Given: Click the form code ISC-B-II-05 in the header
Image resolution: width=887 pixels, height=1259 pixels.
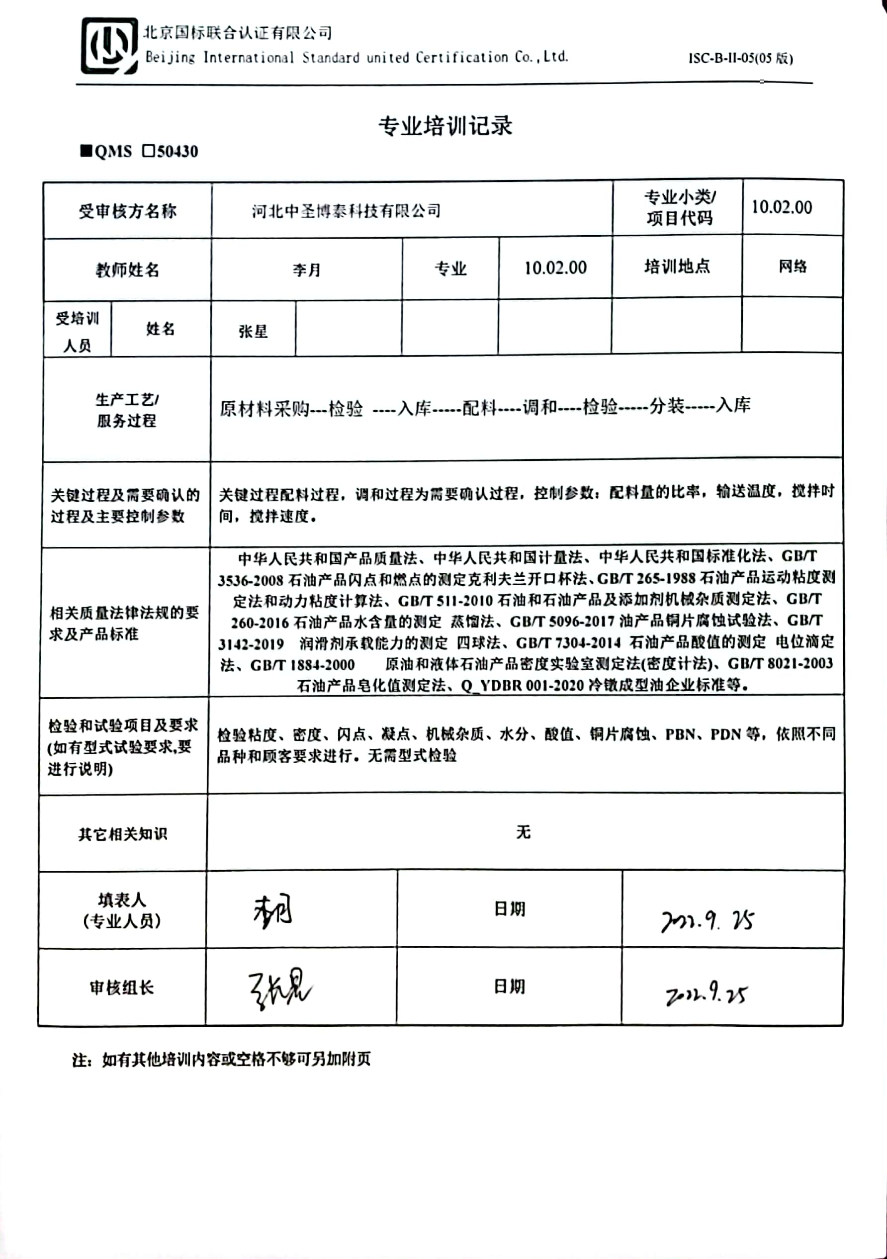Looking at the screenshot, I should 740,58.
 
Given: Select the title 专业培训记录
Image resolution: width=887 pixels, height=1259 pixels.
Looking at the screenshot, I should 445,126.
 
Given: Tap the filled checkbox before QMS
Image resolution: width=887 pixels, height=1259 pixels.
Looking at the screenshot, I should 86,151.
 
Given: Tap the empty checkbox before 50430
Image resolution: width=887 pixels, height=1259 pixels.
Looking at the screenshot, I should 149,151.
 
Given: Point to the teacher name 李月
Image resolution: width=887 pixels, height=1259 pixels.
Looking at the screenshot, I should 306,270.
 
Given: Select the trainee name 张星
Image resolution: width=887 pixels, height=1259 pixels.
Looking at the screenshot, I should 253,331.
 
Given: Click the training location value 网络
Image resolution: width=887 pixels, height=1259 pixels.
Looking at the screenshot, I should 792,267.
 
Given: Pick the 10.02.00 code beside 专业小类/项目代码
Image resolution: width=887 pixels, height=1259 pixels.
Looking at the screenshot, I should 781,207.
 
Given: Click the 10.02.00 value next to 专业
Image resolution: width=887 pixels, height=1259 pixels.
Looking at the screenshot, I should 555,268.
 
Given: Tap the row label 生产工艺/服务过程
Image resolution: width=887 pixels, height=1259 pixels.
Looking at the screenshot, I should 127,410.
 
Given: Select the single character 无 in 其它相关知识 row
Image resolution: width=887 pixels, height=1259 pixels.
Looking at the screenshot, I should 523,832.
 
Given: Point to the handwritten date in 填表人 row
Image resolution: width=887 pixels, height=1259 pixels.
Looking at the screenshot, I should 707,921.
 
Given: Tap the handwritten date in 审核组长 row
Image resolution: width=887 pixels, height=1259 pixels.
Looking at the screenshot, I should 706,993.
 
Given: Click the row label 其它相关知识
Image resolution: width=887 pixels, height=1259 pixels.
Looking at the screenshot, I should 123,834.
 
